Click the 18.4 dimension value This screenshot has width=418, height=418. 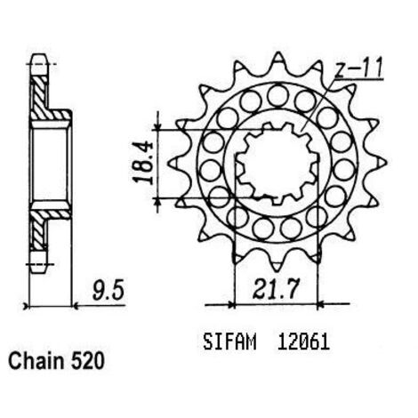143,164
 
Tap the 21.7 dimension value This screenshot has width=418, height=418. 275,288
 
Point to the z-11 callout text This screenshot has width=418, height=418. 358,68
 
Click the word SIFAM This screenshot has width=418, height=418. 229,342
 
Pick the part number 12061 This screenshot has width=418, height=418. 303,342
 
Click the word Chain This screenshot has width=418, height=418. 36,361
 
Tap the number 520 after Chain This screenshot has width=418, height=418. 88,361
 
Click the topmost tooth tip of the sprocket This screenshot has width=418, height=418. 278,53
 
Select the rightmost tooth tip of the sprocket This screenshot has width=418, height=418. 386,163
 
